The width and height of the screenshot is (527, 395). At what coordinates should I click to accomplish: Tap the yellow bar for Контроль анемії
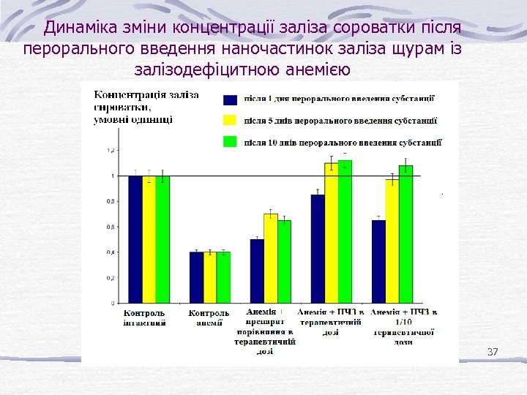coord(210,277)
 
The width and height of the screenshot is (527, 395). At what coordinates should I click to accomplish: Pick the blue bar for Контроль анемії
coord(196,277)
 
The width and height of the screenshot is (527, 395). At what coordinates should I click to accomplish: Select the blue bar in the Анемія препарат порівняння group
coord(257,271)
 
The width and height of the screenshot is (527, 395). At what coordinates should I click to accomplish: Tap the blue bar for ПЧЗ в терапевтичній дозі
coord(318,249)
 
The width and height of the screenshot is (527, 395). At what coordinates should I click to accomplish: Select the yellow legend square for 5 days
coord(231,121)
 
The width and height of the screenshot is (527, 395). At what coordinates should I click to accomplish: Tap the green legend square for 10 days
coord(231,141)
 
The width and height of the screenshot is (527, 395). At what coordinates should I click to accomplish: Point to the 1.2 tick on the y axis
coord(110,151)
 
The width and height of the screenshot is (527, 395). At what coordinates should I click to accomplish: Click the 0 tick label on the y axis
coord(112,303)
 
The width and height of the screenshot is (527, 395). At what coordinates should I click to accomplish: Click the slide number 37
coord(492,353)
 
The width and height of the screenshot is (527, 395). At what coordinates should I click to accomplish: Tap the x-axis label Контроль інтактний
coord(143,317)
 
